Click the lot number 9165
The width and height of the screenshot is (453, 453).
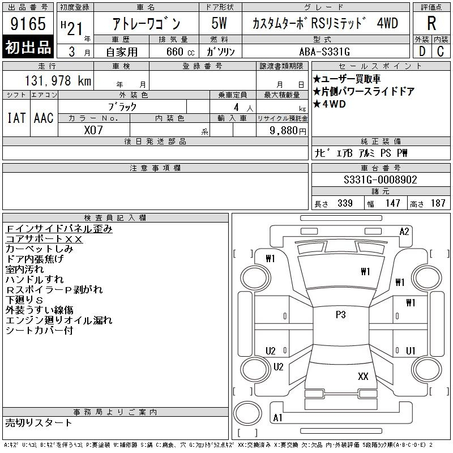pyautogui.click(x=28, y=23)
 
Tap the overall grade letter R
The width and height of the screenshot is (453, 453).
pyautogui.click(x=431, y=23)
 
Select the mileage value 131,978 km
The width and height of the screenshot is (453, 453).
pyautogui.click(x=58, y=80)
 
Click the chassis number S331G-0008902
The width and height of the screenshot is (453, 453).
pyautogui.click(x=380, y=180)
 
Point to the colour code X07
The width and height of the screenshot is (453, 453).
pyautogui.click(x=93, y=130)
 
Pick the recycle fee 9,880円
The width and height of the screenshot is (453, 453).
pyautogui.click(x=288, y=131)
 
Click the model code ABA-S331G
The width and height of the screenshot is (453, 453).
pyautogui.click(x=324, y=52)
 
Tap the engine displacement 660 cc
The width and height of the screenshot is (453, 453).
pyautogui.click(x=180, y=52)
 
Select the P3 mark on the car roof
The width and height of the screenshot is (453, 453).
pyautogui.click(x=341, y=314)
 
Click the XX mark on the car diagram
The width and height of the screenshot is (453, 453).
pyautogui.click(x=363, y=376)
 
